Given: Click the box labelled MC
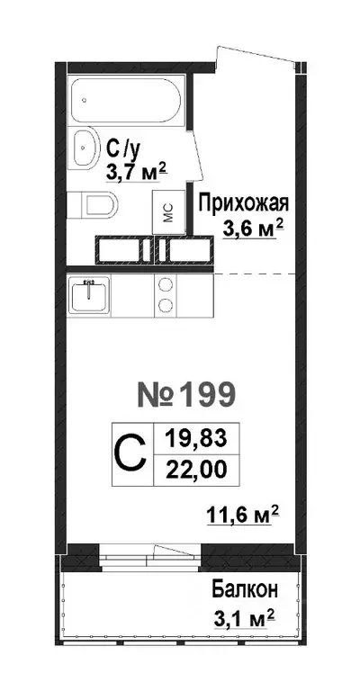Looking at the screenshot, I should (x=168, y=213).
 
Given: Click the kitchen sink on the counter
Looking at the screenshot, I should (x=88, y=294).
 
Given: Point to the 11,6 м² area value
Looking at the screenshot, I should (x=243, y=516).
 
